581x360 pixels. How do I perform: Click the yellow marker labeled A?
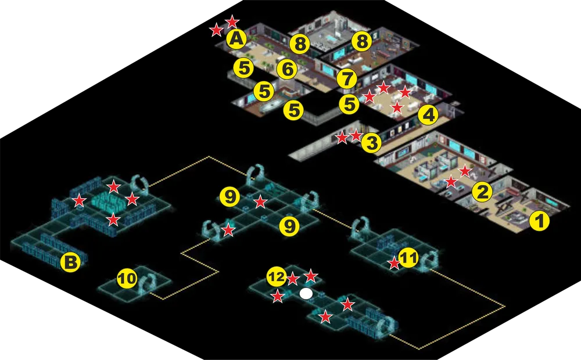click(x=237, y=39)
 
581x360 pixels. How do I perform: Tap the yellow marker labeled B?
click(x=71, y=262)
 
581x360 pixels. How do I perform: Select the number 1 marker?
click(x=540, y=221)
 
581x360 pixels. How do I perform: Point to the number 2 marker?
click(x=482, y=192)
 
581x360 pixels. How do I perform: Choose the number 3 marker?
click(x=371, y=143)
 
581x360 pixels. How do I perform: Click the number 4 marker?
click(x=428, y=116)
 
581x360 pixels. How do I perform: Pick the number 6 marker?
click(x=287, y=69)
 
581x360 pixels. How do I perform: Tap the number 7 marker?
click(x=347, y=79)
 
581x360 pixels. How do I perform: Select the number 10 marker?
click(x=127, y=279)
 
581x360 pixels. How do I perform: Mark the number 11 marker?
click(x=408, y=258)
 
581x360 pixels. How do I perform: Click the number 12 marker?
click(x=277, y=276)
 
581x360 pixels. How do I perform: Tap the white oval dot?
click(x=306, y=294)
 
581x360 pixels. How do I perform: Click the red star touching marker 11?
click(x=393, y=264)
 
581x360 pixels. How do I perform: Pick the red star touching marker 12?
click(x=293, y=279)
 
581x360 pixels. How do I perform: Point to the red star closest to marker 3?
click(x=356, y=135)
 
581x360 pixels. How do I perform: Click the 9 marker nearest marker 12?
click(x=289, y=226)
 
